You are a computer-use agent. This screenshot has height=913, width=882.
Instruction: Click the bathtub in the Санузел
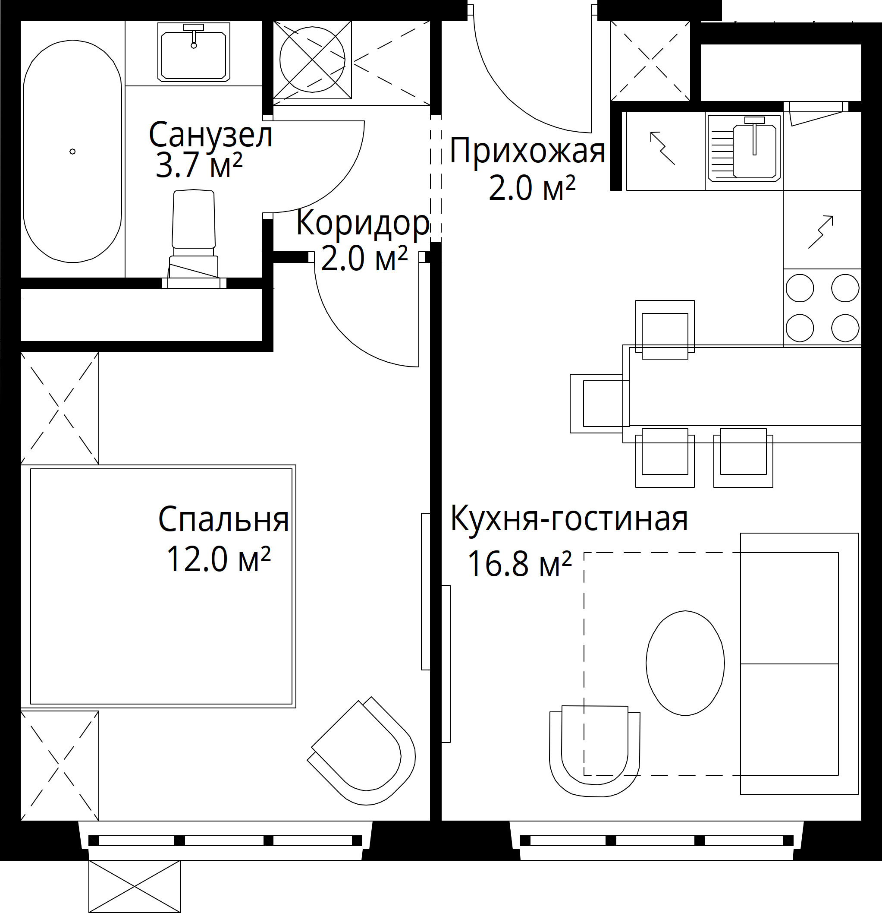point(72,152)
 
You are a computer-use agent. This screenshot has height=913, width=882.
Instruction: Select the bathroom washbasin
point(194,52)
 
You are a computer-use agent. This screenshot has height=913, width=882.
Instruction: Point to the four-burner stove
point(822,307)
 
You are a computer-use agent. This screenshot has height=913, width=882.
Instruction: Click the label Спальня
point(223,519)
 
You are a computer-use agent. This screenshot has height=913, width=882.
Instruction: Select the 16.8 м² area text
point(519,564)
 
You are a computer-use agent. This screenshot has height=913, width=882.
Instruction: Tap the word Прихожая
point(527,152)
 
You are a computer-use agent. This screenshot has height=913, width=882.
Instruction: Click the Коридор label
point(363,224)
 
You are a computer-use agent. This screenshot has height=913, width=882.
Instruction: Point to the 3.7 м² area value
point(199,165)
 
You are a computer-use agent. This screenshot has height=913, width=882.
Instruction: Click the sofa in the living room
point(799,664)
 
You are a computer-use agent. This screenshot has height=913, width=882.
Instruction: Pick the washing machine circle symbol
point(312,59)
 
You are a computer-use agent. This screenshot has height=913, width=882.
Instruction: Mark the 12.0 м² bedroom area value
point(218,559)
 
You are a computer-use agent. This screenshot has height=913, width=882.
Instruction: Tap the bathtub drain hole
point(72,152)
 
